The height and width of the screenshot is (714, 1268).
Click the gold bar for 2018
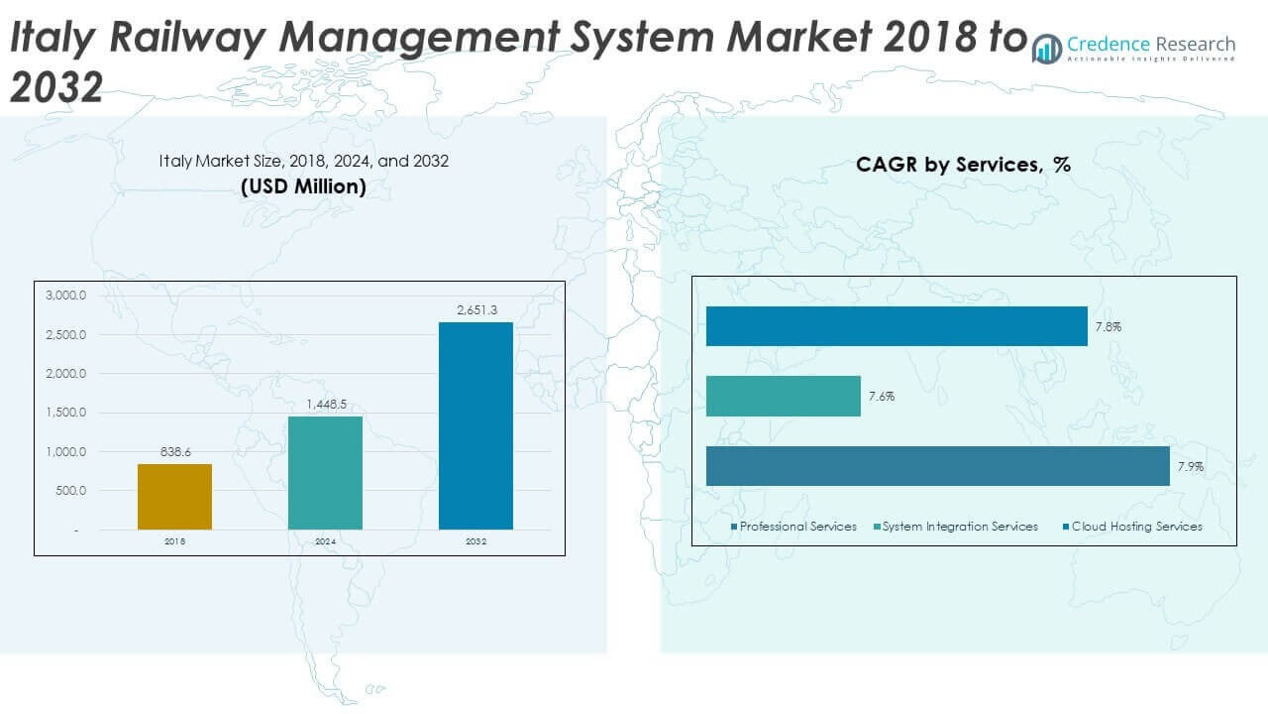pyautogui.click(x=174, y=496)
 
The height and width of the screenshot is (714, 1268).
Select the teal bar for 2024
pyautogui.click(x=325, y=472)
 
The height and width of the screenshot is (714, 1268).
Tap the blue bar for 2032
pyautogui.click(x=475, y=425)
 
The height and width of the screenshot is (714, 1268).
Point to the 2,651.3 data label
pyautogui.click(x=475, y=310)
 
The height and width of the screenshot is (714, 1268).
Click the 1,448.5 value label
pyautogui.click(x=325, y=405)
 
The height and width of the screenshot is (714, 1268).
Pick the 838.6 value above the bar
pyautogui.click(x=175, y=452)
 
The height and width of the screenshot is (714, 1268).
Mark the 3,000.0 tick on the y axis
pyautogui.click(x=66, y=296)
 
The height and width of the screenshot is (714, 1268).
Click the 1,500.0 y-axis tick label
pyautogui.click(x=66, y=413)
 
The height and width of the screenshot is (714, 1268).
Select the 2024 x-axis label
pyautogui.click(x=325, y=542)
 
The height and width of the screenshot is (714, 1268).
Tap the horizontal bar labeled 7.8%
pyautogui.click(x=897, y=326)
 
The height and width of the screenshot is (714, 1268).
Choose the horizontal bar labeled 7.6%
pyautogui.click(x=783, y=396)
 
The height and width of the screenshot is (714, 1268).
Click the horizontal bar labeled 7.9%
pyautogui.click(x=937, y=466)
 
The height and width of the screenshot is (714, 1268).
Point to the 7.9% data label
pyautogui.click(x=1191, y=466)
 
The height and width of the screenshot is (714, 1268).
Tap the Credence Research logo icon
pyautogui.click(x=1046, y=48)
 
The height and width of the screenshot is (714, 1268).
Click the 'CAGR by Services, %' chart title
pyautogui.click(x=963, y=165)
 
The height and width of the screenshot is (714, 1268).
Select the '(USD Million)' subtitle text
pyautogui.click(x=303, y=186)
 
